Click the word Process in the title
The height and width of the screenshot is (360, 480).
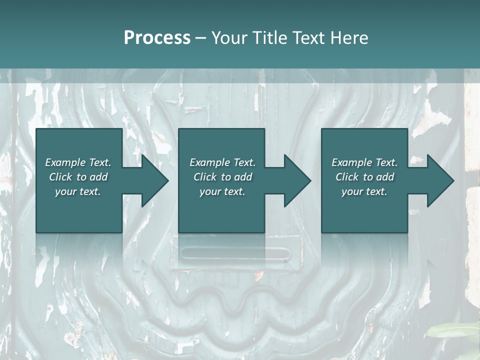click(157, 38)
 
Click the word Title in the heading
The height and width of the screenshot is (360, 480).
click(269, 38)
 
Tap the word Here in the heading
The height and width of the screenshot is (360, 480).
click(348, 38)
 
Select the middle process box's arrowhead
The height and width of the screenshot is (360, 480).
click(295, 180)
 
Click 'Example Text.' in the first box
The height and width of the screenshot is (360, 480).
click(78, 162)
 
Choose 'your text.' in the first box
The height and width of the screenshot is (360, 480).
click(78, 191)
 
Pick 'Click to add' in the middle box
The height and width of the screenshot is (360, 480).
click(222, 177)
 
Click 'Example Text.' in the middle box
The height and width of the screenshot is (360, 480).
click(222, 162)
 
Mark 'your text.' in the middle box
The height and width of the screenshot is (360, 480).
click(222, 191)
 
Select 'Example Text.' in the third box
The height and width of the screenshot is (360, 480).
click(364, 162)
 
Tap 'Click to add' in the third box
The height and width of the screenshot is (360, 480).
click(364, 177)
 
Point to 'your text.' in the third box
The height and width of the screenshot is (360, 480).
click(364, 191)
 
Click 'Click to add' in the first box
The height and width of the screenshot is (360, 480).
click(78, 177)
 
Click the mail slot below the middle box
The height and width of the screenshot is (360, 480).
click(235, 253)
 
